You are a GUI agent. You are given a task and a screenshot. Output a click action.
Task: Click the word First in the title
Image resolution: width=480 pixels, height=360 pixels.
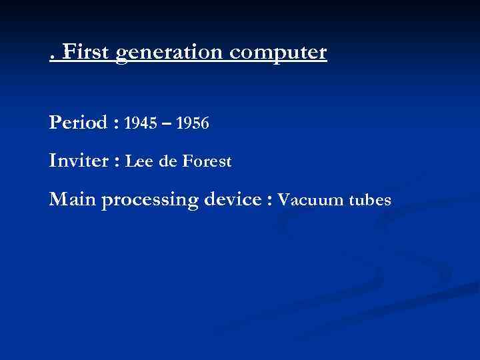pos(85,52)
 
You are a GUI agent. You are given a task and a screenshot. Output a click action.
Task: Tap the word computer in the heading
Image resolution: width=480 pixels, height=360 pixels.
pos(283,53)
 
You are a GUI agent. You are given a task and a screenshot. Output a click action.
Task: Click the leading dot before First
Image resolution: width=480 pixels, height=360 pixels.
pos(52,59)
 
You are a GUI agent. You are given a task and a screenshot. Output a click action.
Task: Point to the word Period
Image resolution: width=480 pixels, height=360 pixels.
pos(77,123)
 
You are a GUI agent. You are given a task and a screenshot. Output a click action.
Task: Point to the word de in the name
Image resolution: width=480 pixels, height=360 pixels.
pos(168,161)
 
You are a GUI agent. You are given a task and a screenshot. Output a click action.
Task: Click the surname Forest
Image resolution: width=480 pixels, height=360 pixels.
pos(207,161)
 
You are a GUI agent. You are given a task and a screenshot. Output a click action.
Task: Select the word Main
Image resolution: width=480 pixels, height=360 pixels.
pos(72,199)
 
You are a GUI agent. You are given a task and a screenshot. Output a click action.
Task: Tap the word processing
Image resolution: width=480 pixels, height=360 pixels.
pos(151,200)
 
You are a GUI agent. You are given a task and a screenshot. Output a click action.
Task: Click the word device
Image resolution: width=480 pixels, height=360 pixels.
pos(235,199)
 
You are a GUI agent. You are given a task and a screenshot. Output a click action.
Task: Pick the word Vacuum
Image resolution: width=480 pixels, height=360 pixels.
pos(307,199)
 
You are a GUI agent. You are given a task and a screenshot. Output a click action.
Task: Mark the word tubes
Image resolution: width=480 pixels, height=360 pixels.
pos(369,199)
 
